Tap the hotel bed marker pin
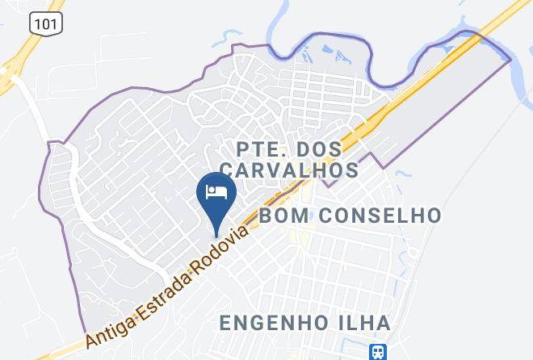click(216, 194)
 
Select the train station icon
click(378, 350)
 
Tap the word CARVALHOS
click(289, 170)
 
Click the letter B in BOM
click(266, 216)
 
